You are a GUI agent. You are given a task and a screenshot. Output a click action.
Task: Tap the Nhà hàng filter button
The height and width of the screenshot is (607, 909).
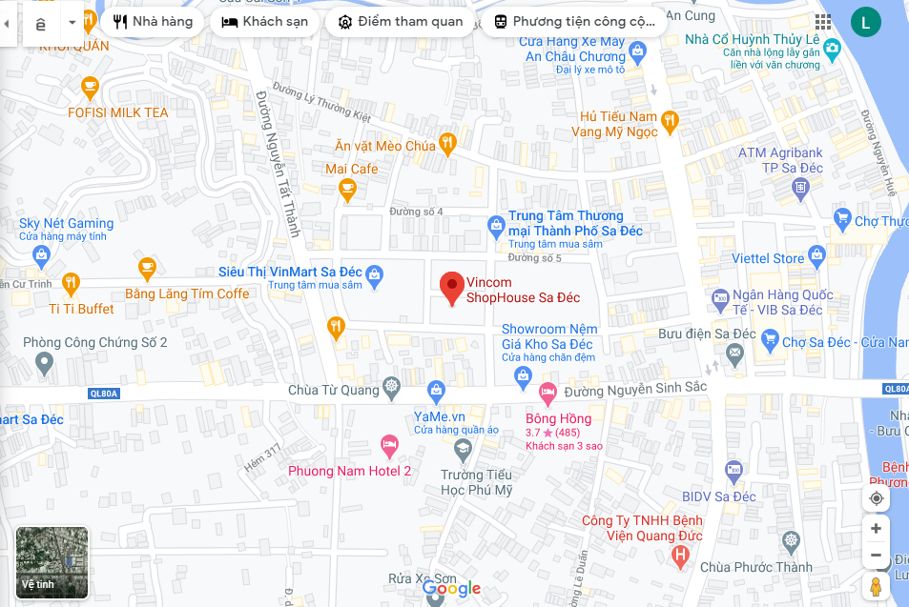pos(153,22)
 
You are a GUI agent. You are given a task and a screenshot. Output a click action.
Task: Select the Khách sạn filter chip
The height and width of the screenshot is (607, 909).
pos(265,22)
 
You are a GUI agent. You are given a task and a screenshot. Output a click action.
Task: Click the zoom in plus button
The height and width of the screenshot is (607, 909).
pos(876,528)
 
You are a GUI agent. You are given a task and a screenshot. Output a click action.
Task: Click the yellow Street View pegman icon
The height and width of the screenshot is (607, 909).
pos(876,586)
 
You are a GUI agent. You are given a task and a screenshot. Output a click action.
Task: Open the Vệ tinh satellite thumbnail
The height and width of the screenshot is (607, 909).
pos(52,563)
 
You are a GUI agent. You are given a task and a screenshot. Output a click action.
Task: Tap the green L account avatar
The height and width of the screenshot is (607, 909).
pos(865,22)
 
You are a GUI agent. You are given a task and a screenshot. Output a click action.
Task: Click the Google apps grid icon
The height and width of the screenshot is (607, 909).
pos(822,22)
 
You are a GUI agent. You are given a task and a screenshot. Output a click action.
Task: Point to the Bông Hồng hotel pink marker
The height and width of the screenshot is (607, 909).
pos(547,392)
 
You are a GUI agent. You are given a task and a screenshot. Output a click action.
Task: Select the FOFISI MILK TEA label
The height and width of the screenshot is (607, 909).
pos(118,112)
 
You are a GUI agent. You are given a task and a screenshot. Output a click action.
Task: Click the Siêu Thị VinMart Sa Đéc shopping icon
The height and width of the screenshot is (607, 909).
pos(375,273)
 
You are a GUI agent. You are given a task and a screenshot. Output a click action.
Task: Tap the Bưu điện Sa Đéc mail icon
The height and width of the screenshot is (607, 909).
pos(734,354)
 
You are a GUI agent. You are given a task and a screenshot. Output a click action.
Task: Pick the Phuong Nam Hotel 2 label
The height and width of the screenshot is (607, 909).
pos(350,471)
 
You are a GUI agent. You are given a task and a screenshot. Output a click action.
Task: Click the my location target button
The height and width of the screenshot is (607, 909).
pos(876,498)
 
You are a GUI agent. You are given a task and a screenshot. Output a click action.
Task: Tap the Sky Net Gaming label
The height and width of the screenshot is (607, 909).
pos(67,223)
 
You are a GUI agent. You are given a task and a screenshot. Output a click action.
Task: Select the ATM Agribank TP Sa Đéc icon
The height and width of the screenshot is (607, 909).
pos(799,186)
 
